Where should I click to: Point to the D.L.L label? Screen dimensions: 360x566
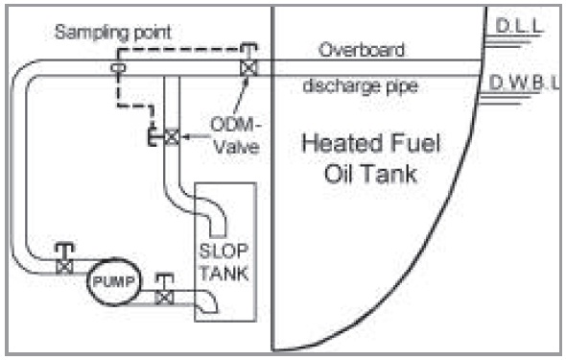click(x=518, y=29)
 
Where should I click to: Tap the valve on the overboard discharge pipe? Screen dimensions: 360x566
click(x=248, y=68)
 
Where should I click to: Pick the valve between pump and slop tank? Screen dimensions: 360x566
click(x=164, y=295)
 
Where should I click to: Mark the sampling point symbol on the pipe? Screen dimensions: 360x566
click(x=117, y=68)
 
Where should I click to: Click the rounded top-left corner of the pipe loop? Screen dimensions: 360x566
click(x=27, y=75)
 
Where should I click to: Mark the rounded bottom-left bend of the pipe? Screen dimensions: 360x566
click(x=27, y=257)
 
